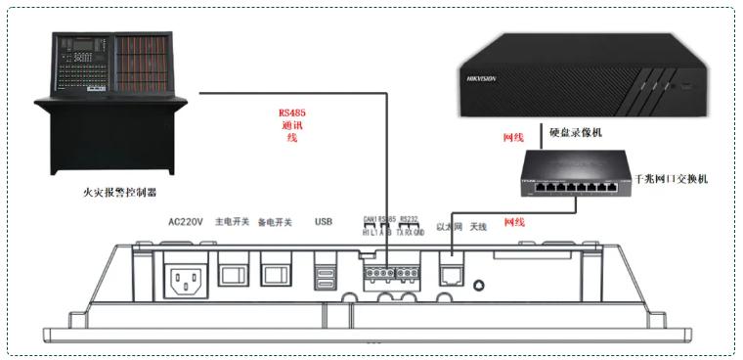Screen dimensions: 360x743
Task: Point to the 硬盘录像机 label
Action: (x=578, y=131)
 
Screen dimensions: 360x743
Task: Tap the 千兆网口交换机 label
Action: (x=676, y=179)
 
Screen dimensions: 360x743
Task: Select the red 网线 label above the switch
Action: (x=513, y=139)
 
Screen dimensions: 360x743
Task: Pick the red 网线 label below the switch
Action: (x=513, y=222)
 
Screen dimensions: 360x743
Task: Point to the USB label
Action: (x=324, y=222)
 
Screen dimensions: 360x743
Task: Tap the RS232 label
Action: (x=410, y=220)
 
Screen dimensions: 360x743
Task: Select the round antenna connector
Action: (x=479, y=285)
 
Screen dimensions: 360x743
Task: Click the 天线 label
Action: (x=477, y=227)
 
